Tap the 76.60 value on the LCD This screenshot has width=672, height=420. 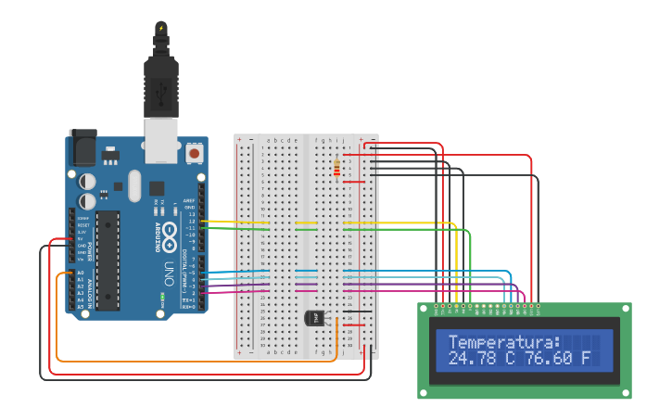(549, 358)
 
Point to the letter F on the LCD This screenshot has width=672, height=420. (586, 358)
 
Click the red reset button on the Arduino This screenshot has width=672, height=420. (195, 151)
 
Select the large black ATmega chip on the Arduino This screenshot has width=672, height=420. (108, 260)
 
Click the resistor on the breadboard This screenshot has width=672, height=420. (336, 168)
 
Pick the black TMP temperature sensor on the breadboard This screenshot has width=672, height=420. (315, 318)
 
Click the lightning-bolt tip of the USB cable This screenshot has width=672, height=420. (162, 29)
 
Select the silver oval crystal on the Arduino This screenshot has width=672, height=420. (134, 185)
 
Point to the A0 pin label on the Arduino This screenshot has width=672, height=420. (80, 274)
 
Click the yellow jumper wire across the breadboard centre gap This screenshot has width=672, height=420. (306, 223)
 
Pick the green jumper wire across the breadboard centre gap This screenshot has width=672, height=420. (306, 229)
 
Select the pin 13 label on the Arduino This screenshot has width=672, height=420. (192, 214)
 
